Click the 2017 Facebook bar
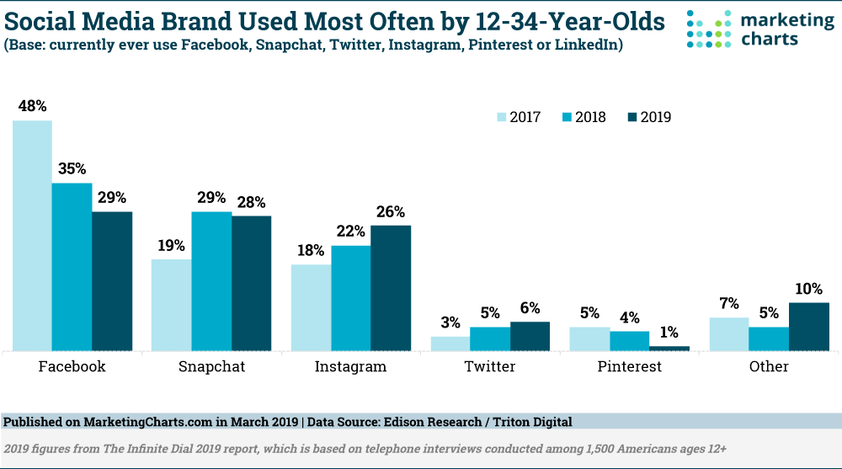32,235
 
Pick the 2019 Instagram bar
391,287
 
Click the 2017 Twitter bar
450,344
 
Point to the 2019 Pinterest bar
669,348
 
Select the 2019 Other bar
809,326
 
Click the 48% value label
32,106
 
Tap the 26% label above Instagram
391,211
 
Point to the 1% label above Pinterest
669,332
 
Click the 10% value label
809,289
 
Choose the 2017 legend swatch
500,117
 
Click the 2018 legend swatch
566,117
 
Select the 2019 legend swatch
631,117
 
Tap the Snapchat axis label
211,366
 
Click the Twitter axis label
489,366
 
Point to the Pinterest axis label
629,366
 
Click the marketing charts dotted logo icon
710,29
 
